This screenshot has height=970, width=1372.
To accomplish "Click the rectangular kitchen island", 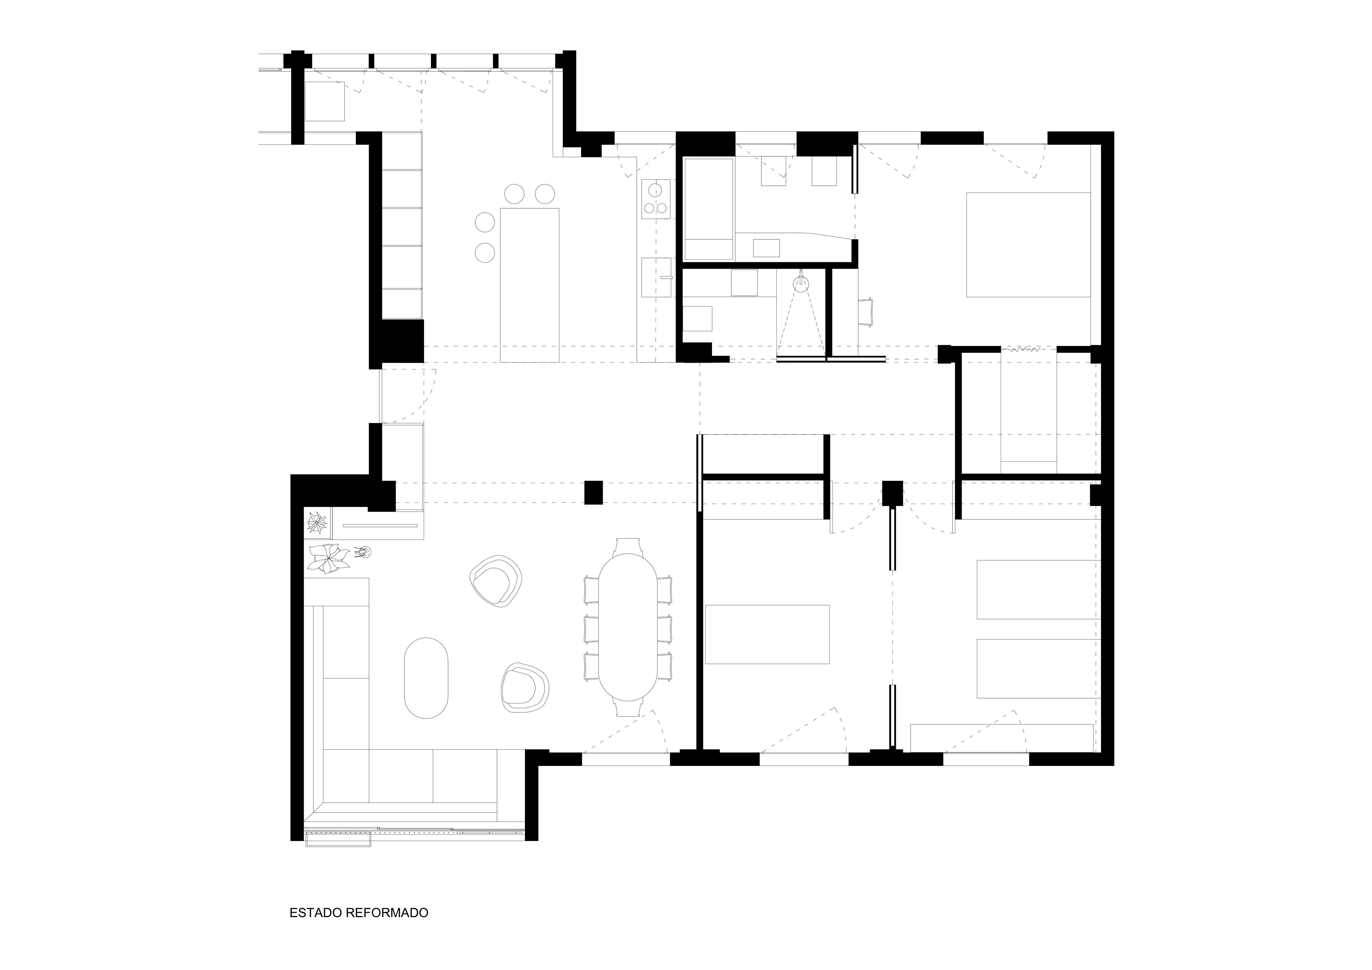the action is click(x=530, y=285).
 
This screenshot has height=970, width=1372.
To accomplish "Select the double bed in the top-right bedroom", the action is click(x=1028, y=244).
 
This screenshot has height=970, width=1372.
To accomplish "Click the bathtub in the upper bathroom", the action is click(x=709, y=209).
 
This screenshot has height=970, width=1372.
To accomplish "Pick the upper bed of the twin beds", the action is click(x=1038, y=589).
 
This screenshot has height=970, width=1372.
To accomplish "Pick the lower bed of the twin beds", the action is click(x=1038, y=669).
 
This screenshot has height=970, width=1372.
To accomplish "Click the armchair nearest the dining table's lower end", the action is click(x=525, y=687).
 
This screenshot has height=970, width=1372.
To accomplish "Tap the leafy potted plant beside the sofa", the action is click(x=328, y=558).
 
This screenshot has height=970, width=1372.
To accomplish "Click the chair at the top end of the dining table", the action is click(x=628, y=545).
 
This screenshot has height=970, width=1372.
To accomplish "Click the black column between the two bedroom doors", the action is click(x=892, y=494).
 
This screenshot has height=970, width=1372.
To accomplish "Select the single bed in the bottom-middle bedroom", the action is click(x=767, y=634).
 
